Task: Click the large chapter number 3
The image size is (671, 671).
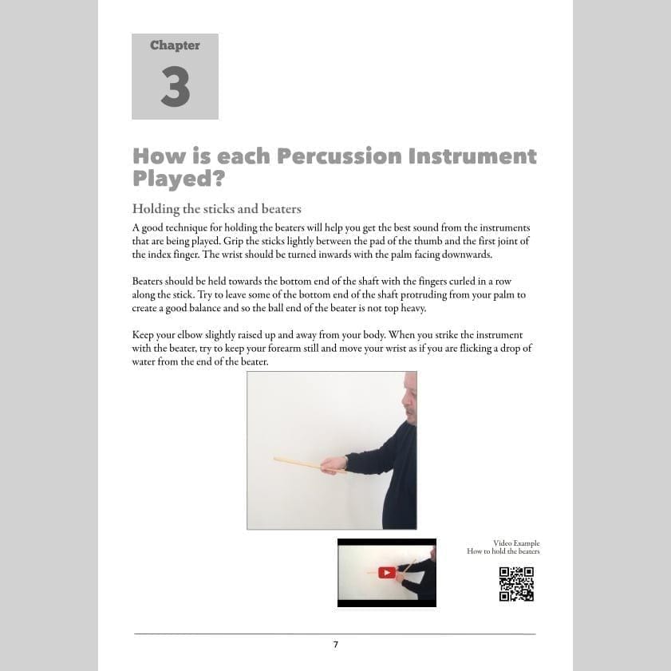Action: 175,87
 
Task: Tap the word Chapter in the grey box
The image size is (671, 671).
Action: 175,45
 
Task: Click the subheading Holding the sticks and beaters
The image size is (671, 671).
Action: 216,209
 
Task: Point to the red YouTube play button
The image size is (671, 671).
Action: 387,572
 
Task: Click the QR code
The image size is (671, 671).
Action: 516,583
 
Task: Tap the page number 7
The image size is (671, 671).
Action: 336,645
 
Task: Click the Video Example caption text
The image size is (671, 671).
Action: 516,543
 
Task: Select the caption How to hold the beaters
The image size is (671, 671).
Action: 503,551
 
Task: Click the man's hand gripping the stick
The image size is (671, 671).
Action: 334,464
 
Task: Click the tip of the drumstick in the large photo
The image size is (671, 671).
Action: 276,459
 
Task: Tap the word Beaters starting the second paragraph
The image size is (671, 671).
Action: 148,282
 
